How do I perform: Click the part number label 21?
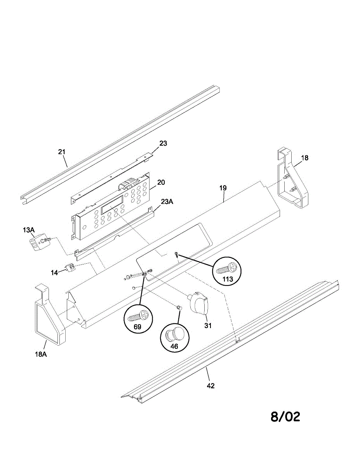coord(62,152)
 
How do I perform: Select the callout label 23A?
coord(167,202)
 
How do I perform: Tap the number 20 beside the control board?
coord(161,183)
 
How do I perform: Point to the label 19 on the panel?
coord(223,188)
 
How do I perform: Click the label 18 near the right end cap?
coord(305,158)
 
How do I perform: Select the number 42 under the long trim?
coord(211,386)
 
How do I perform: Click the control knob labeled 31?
coord(198,301)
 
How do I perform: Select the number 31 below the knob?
coord(208,326)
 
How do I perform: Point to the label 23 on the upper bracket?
coord(163,144)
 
